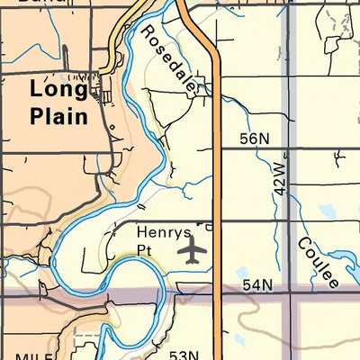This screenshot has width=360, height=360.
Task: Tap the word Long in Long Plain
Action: point(58,89)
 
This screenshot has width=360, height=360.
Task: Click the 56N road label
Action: point(255,139)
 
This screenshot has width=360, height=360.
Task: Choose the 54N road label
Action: point(256,285)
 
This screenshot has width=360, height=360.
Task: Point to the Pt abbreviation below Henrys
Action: point(147,247)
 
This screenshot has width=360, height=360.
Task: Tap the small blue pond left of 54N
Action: point(240,273)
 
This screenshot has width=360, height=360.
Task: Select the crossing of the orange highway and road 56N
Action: point(220,149)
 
